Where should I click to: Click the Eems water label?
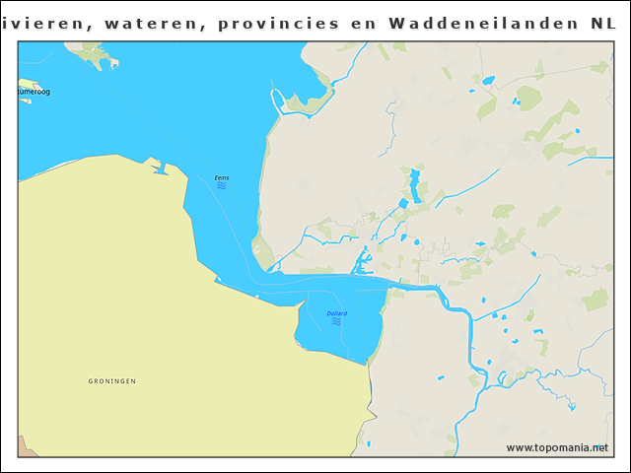pyautogui.click(x=221, y=177)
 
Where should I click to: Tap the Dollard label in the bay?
pyautogui.click(x=336, y=313)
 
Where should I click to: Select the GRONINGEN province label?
pyautogui.click(x=111, y=380)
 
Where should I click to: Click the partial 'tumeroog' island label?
pyautogui.click(x=34, y=92)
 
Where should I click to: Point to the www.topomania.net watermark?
pyautogui.click(x=557, y=447)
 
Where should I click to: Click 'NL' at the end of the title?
pyautogui.click(x=603, y=22)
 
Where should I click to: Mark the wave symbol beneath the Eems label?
pyautogui.click(x=222, y=185)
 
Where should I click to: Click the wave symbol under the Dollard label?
pyautogui.click(x=336, y=321)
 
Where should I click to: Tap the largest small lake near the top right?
pyautogui.click(x=488, y=80)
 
